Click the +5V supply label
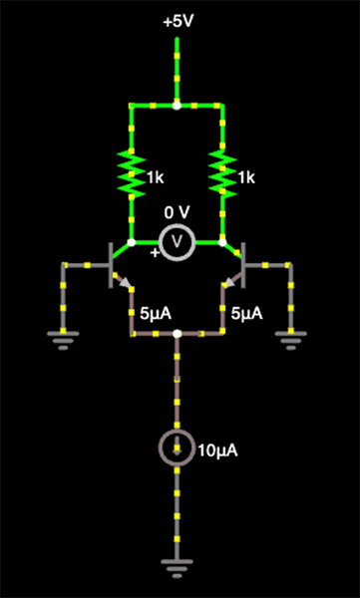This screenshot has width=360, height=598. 177,21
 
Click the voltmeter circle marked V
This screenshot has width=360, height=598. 177,241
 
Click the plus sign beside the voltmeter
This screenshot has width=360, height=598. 154,253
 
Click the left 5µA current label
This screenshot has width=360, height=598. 156,313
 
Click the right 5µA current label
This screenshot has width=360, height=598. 247,313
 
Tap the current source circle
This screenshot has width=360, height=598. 177,449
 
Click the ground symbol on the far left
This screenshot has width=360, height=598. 63,342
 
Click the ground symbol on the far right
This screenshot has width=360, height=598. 290,342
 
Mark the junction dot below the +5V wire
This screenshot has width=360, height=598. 177,104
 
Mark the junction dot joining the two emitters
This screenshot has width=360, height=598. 177,334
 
